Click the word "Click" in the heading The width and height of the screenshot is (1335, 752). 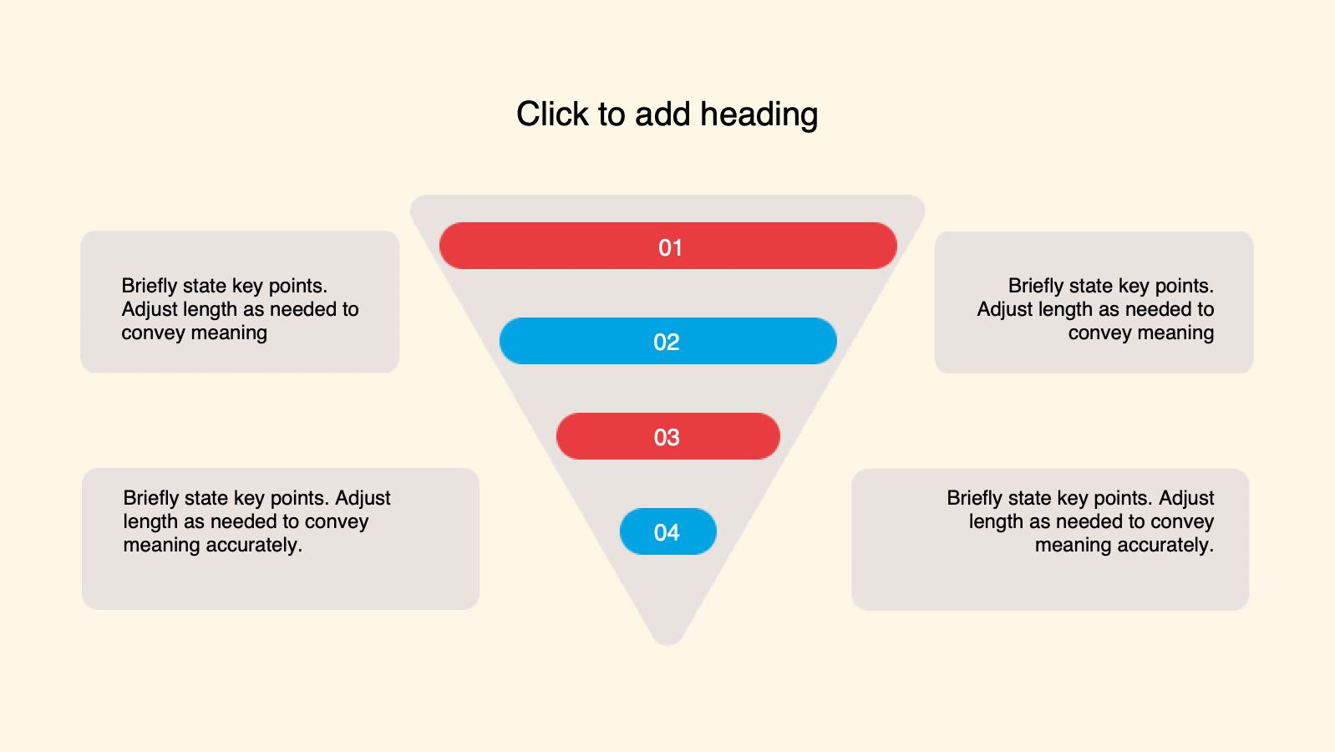[552, 114]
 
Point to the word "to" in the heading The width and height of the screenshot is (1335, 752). [612, 115]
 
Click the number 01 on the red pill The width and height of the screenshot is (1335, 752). [670, 248]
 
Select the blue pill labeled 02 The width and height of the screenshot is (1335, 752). [668, 341]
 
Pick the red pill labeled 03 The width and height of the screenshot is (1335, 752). [668, 436]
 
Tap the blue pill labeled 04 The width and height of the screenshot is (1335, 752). [668, 531]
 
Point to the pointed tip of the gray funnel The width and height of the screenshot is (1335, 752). [667, 644]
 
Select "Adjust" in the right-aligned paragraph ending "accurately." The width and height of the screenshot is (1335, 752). [1186, 499]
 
